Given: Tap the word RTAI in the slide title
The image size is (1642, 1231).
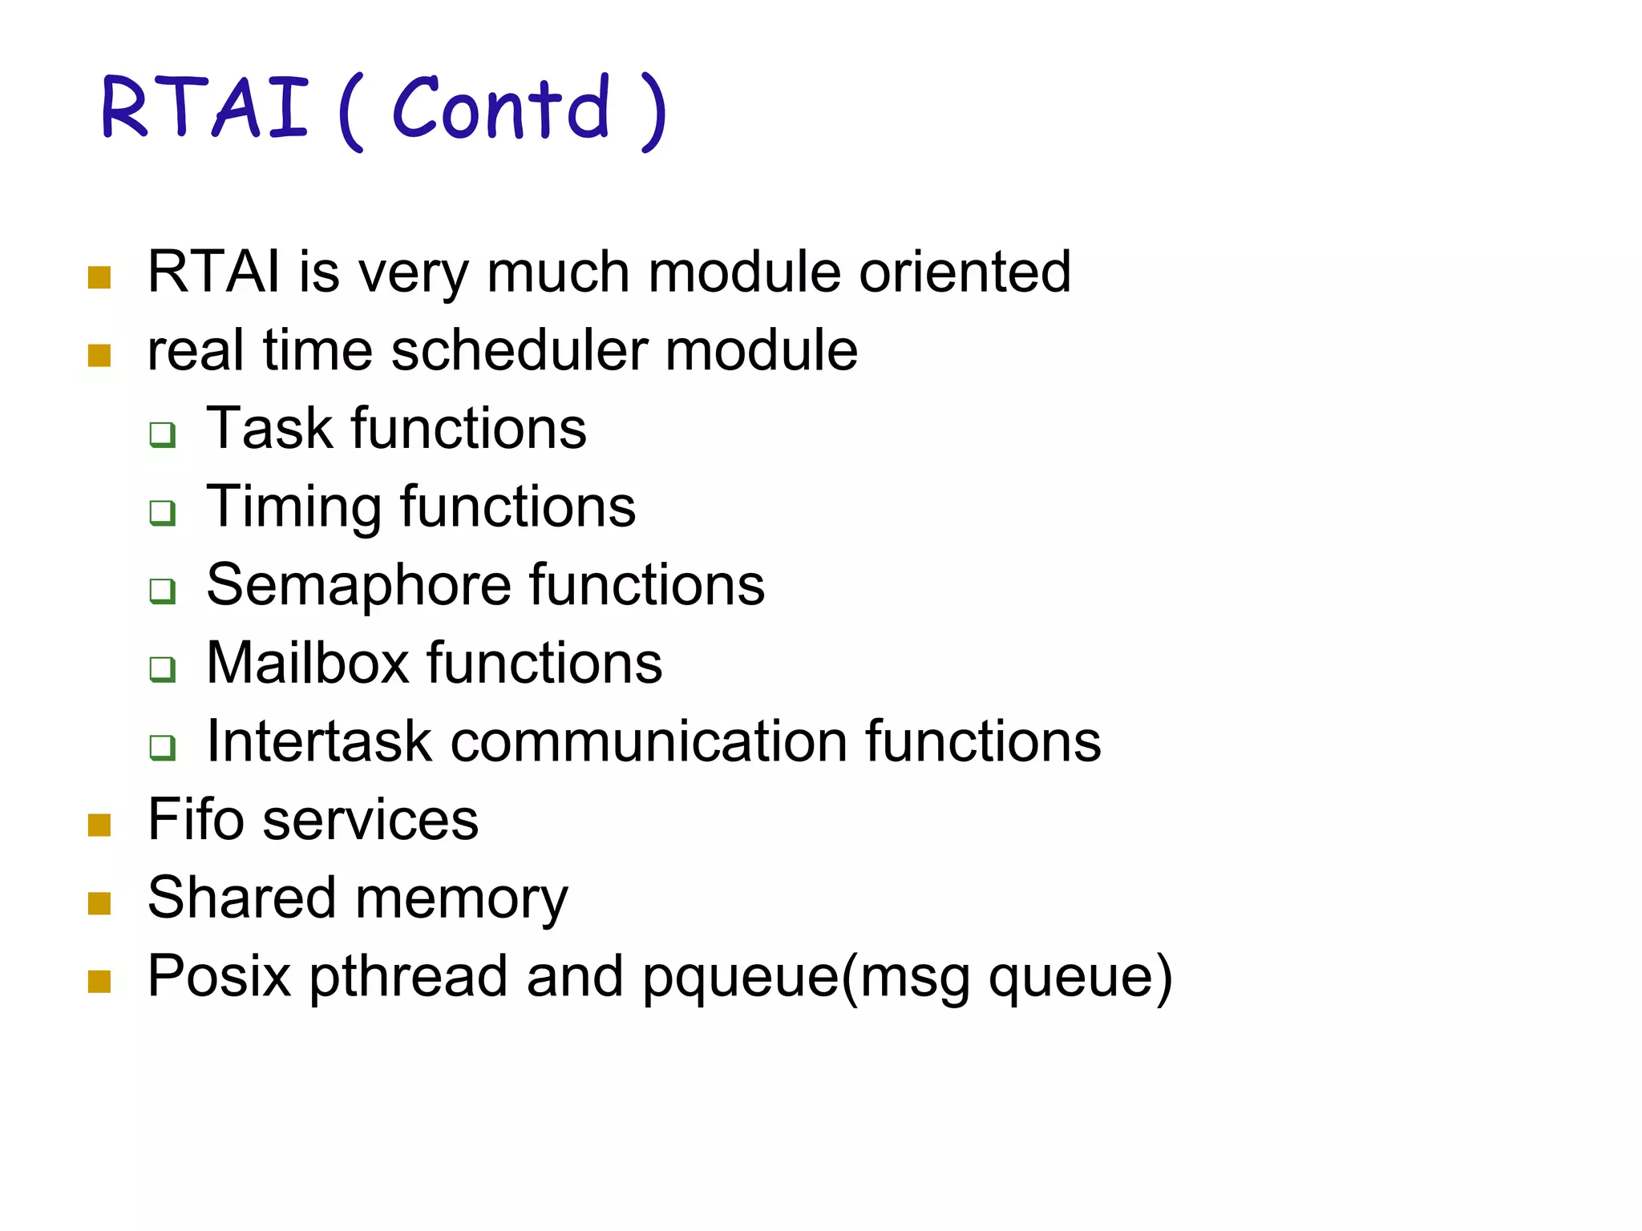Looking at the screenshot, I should coord(205,108).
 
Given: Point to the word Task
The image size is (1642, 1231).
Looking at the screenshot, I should coord(269,429).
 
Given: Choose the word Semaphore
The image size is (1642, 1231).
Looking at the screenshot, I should coord(358,585).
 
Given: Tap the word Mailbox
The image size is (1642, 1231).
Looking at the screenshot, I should coord(307,664).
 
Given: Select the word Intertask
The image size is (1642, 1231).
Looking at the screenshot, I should coord(319,741).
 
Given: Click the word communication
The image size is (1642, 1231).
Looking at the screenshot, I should coord(649,741).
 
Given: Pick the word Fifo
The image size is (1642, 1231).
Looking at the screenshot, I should coord(196,820).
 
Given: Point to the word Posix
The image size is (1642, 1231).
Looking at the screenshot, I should coord(219,977).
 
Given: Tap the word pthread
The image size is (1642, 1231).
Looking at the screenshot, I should coord(408,977).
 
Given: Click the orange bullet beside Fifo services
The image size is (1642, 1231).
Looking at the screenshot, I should coord(99,825).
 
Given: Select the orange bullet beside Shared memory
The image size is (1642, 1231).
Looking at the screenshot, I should coord(99,903).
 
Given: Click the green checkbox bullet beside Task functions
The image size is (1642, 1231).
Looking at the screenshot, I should coord(163,434).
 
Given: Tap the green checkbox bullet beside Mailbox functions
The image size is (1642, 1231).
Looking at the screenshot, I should coord(163,669).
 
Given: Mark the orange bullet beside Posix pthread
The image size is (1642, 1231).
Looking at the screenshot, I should coord(99,981).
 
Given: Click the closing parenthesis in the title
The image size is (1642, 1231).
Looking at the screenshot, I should coord(653,112).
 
